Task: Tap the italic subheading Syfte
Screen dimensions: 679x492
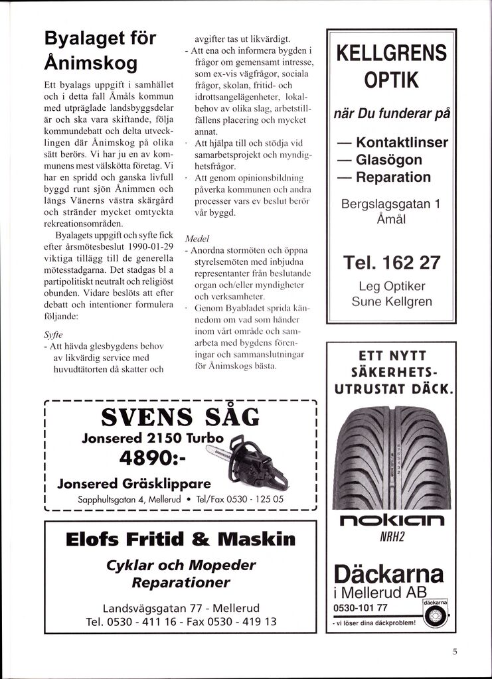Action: click(x=54, y=334)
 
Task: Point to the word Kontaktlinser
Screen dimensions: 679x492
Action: click(x=401, y=143)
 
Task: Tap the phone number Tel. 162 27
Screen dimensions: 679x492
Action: click(x=391, y=263)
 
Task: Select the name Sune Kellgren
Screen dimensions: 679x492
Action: click(x=392, y=301)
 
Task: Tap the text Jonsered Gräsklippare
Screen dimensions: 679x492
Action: click(x=134, y=483)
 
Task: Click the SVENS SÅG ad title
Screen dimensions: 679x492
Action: click(x=180, y=417)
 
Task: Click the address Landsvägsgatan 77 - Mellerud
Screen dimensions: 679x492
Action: click(x=181, y=608)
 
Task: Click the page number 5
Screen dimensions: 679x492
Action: click(x=455, y=651)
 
